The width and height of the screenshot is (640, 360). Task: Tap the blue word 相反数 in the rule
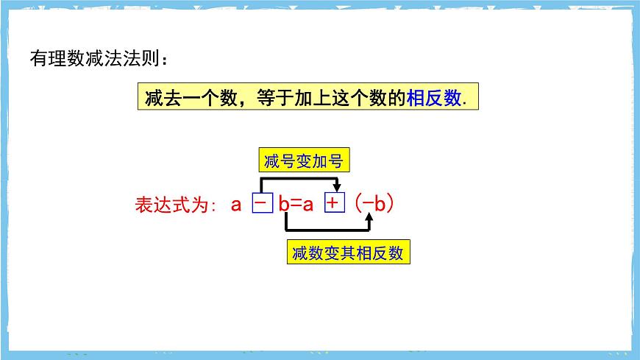pos(434,99)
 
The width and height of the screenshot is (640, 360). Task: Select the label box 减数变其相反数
pos(347,253)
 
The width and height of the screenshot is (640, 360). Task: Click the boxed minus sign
pos(263,203)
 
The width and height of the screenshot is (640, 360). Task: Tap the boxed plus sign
pos(334,203)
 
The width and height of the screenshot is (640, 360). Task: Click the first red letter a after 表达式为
pos(236,204)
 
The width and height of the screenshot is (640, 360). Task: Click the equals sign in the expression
pos(296,205)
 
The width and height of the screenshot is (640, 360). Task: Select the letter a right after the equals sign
pos(309,205)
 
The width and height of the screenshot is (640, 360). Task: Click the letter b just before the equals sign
pos(283,204)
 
